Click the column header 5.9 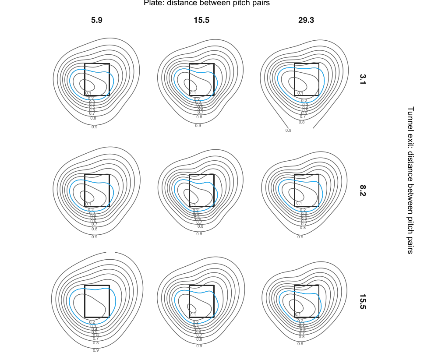[x=97, y=20]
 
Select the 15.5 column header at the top [x=201, y=20]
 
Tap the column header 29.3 [x=306, y=20]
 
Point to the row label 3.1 [x=363, y=79]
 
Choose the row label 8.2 [x=363, y=190]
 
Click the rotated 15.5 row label [x=363, y=302]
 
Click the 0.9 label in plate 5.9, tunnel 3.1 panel [x=95, y=127]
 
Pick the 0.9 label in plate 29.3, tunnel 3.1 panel [x=288, y=130]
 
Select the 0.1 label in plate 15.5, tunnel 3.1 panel [x=193, y=93]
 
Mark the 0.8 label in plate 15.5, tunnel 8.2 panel [x=201, y=226]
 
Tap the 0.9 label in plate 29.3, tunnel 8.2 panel [x=300, y=237]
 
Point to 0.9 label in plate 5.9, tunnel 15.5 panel [x=95, y=350]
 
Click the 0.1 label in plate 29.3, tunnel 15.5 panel [x=298, y=314]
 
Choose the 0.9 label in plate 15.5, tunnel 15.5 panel [x=199, y=346]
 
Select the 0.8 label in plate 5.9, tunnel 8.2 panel [x=94, y=229]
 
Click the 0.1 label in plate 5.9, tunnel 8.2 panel [x=88, y=204]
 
